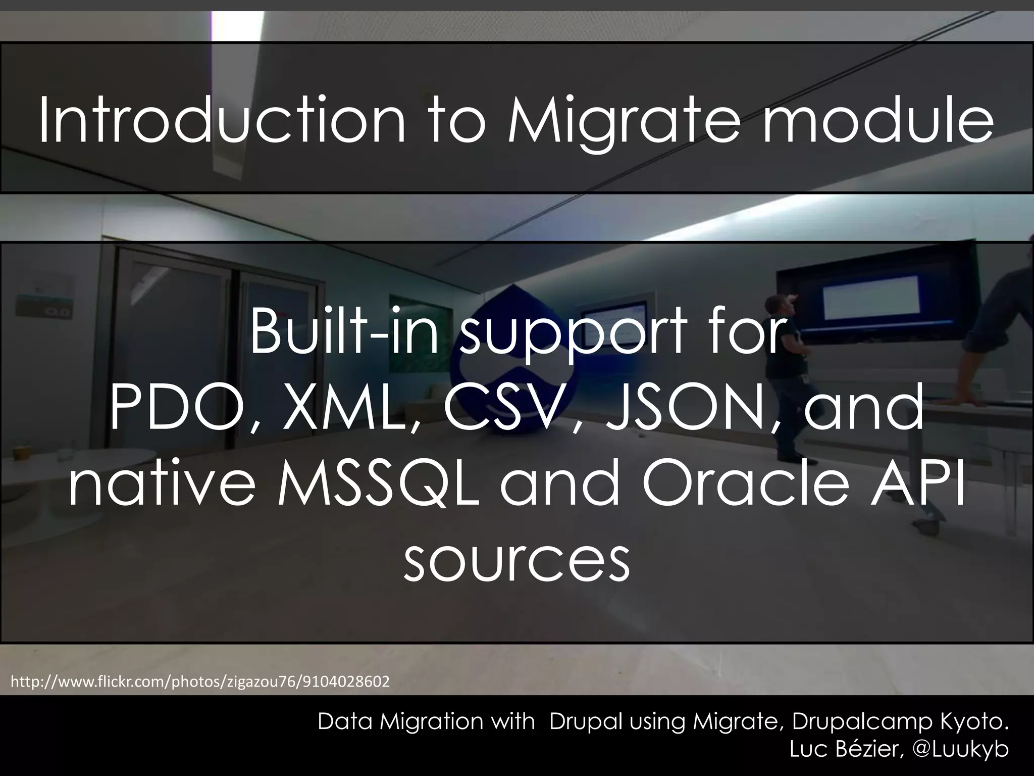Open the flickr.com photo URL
click(200, 682)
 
